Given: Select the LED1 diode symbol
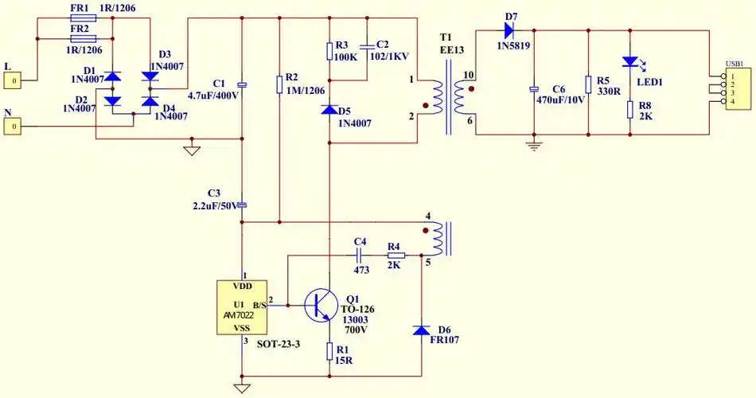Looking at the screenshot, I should [x=630, y=62].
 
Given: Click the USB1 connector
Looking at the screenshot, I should [x=737, y=89].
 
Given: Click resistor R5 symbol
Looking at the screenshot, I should [x=587, y=84].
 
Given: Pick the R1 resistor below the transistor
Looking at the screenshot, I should [x=329, y=350].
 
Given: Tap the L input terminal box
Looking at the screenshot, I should [x=12, y=80].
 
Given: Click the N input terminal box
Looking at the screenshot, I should [x=12, y=127].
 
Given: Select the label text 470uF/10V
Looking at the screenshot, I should [x=560, y=100].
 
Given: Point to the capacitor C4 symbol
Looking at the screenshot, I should [x=359, y=255].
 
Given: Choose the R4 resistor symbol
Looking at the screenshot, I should [x=396, y=256].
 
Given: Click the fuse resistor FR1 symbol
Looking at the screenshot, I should [x=84, y=18].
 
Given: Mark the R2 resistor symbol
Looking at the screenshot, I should [x=279, y=85].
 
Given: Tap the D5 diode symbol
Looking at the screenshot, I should [x=329, y=110].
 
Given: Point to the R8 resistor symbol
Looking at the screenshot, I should [x=630, y=109].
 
